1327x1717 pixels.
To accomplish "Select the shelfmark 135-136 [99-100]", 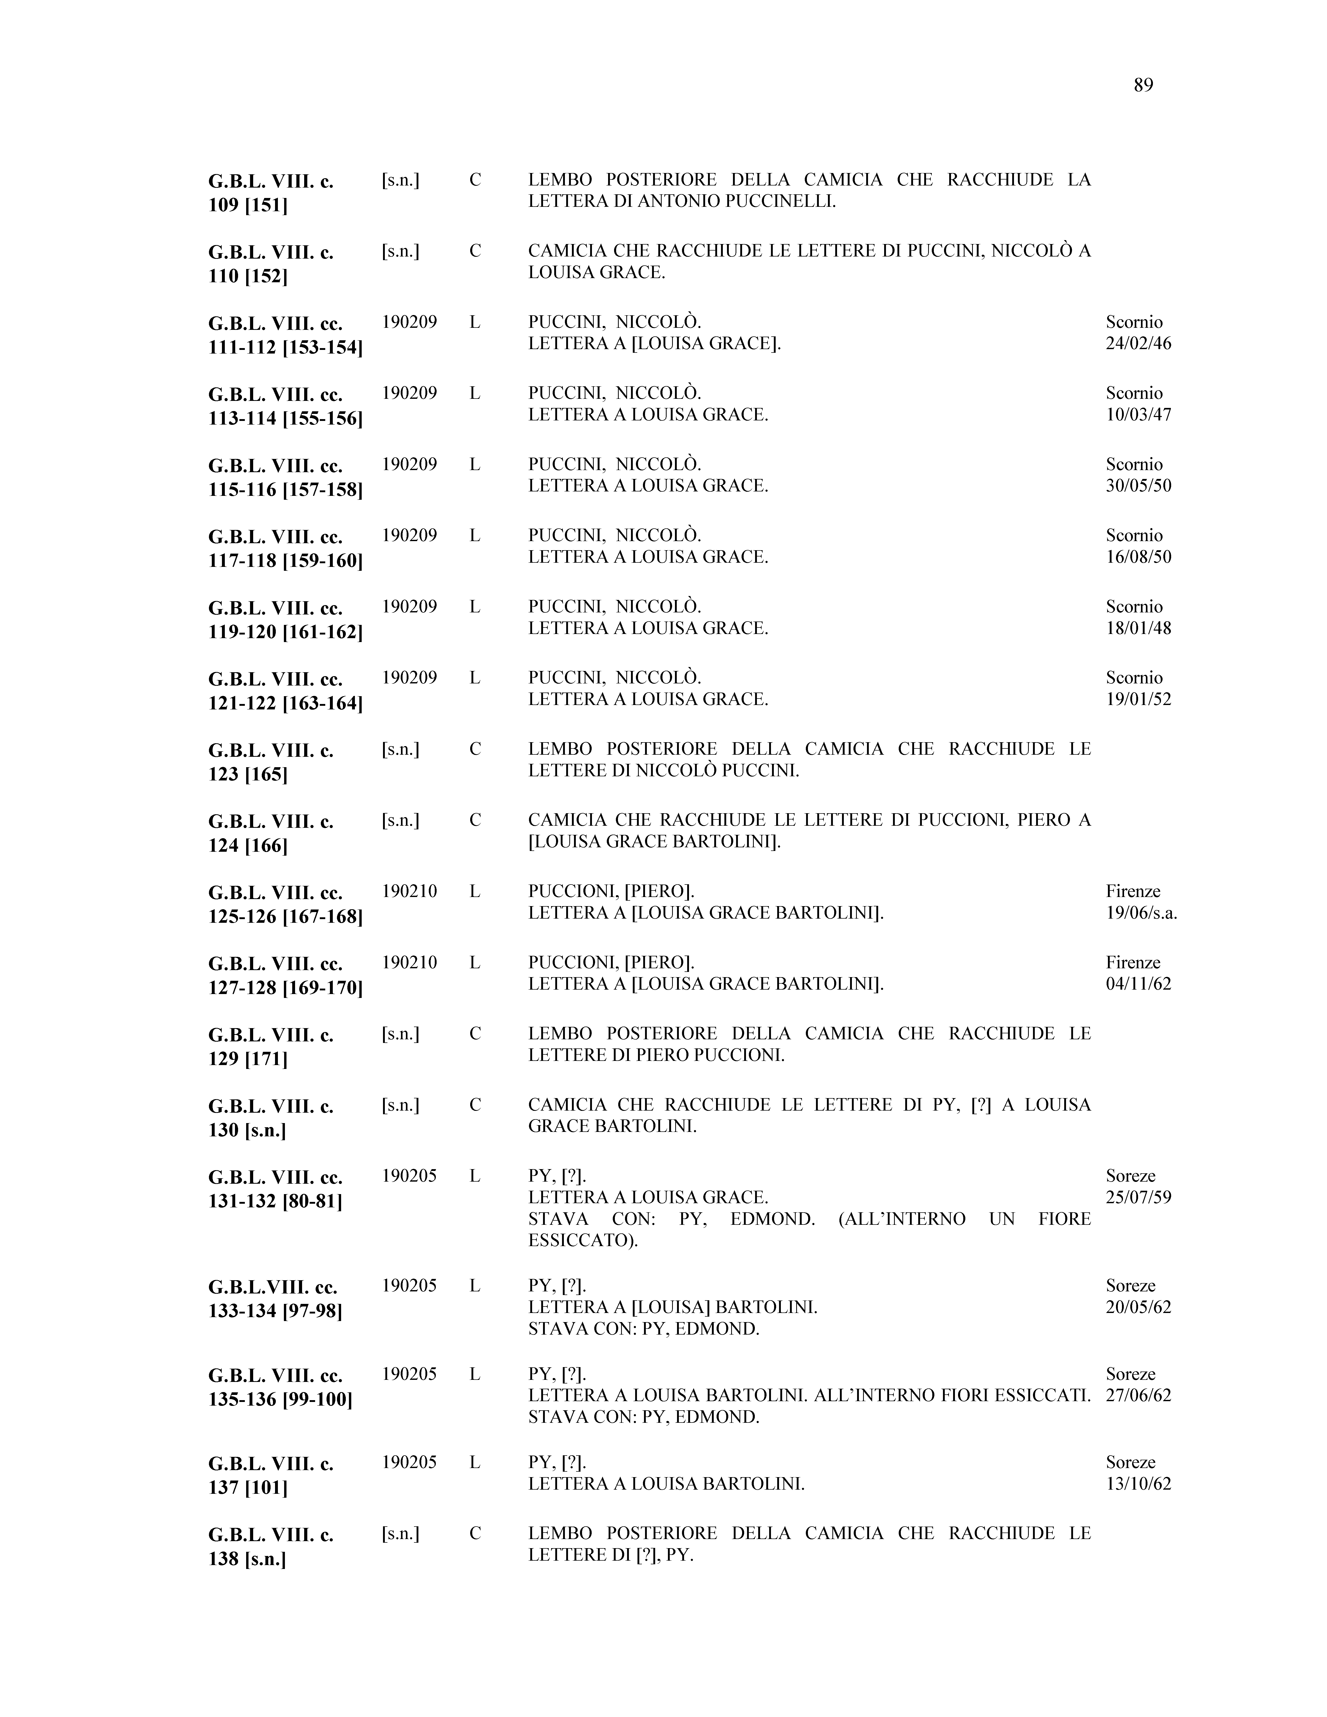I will coord(280,1399).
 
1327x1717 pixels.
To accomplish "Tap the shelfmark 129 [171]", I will coord(248,1059).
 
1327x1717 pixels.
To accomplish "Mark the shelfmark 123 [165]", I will coord(248,774).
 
